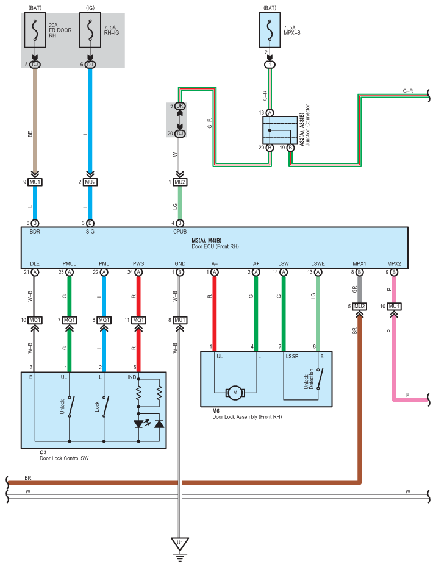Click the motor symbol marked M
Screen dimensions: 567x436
pos(235,392)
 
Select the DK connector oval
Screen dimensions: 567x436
pos(180,107)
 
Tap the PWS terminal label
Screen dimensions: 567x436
pos(138,263)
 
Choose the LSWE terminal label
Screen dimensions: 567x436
pos(318,263)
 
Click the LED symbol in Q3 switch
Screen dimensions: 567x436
pos(140,423)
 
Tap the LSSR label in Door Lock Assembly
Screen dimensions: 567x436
pos(292,356)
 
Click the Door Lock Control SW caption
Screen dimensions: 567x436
pos(63,458)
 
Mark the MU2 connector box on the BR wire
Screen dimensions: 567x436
pos(360,306)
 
